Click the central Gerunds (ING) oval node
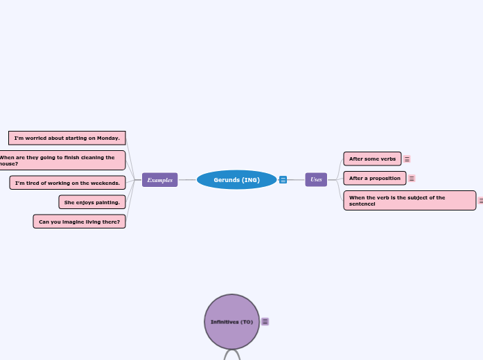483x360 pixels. [236, 180]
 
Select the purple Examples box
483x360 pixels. [159, 180]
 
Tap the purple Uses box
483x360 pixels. [316, 180]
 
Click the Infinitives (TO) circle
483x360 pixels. [231, 322]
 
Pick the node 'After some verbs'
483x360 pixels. [372, 159]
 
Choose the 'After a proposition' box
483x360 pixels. [374, 179]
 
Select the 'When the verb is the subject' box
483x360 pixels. [409, 201]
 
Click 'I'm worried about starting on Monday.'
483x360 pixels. [67, 138]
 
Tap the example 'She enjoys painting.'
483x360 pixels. [92, 202]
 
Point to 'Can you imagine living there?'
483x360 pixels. [79, 222]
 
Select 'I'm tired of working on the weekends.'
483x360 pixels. [67, 183]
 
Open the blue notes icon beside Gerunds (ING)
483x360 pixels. [283, 180]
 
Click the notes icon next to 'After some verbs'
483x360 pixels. [407, 159]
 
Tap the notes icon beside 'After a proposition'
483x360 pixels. [412, 179]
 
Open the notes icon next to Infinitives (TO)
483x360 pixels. [265, 322]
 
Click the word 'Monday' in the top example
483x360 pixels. [107, 138]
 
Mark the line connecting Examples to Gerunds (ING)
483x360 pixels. [187, 180]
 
